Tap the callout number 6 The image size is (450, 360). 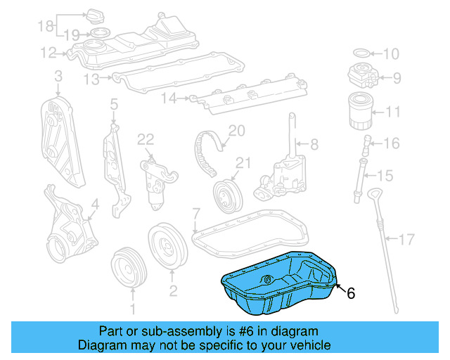351,293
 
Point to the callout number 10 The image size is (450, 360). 391,53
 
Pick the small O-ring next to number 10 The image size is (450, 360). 359,53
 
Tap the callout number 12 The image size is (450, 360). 49,52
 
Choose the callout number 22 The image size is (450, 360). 145,139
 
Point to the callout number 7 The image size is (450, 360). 196,212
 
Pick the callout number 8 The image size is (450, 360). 314,145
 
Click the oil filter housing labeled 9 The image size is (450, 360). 363,76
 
